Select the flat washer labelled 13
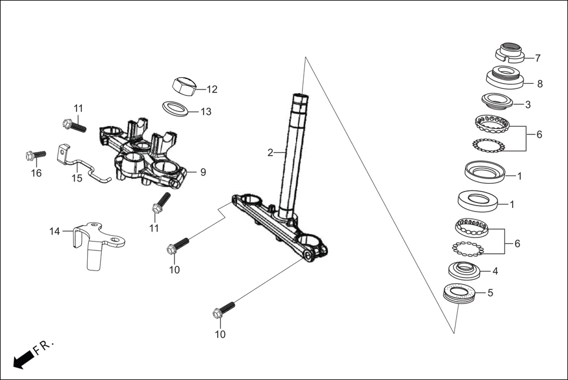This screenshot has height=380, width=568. (176, 109)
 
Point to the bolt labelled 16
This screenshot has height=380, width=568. (36, 156)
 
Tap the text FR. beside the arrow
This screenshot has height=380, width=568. (44, 347)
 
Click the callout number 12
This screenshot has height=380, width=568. (212, 90)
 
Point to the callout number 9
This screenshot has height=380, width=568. (202, 173)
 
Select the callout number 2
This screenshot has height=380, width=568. (270, 153)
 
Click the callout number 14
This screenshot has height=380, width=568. (55, 232)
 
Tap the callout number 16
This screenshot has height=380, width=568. (36, 173)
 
